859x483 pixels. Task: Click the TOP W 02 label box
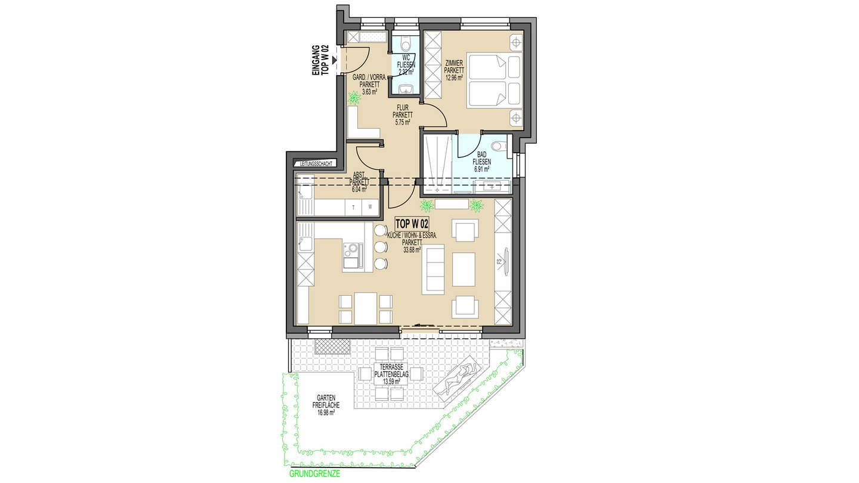pos(412,224)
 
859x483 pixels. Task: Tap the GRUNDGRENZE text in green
pos(314,474)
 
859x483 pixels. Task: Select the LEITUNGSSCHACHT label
pos(316,163)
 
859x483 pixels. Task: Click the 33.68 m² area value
pos(412,249)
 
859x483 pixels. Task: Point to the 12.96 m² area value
pos(453,77)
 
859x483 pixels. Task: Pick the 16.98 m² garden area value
pos(326,413)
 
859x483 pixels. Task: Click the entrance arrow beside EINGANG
pos(335,60)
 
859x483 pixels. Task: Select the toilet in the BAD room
pos(500,146)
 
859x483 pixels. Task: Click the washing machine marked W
pos(370,207)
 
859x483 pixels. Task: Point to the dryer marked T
pos(354,207)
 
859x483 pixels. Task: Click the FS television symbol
pos(505,261)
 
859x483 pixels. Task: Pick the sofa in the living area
pos(433,270)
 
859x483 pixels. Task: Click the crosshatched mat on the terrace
pos(332,346)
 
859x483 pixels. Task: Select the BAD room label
pos(481,154)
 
